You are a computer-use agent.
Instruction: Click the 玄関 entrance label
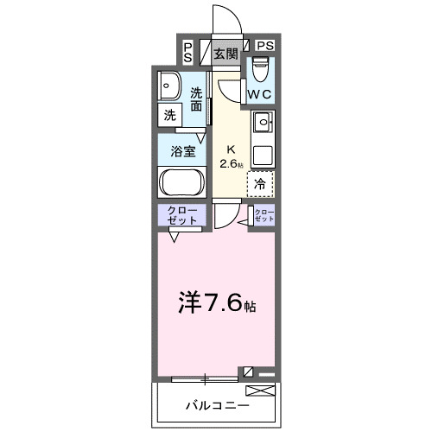226,54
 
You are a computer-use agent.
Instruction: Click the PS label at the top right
264,46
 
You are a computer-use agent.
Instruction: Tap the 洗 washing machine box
168,114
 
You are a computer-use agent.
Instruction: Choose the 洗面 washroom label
198,99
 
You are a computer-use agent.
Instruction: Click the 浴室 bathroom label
181,149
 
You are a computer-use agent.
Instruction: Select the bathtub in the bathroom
181,182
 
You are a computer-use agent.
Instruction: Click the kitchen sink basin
263,122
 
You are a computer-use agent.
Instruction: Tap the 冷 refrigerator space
260,183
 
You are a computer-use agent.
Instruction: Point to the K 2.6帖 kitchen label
231,155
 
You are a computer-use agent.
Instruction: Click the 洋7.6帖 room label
218,303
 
